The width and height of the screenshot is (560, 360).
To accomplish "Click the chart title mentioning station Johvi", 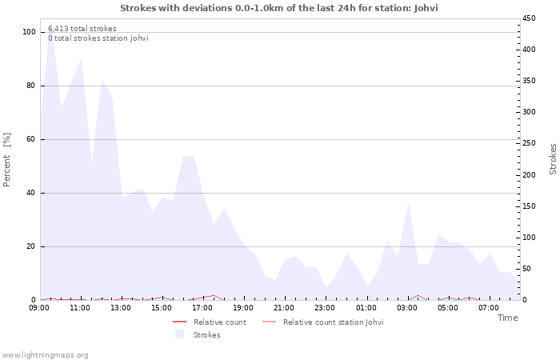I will tap(279, 8).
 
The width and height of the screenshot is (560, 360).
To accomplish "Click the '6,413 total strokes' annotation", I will tap(82, 29).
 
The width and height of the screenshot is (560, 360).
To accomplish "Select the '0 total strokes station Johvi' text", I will tap(98, 38).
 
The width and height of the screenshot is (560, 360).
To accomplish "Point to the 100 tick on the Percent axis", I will tap(29, 32).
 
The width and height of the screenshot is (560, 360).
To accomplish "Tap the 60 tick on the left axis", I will tap(30, 139).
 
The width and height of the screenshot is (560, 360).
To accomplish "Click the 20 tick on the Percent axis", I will tap(30, 246).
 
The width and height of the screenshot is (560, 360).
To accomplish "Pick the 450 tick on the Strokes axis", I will tap(529, 18).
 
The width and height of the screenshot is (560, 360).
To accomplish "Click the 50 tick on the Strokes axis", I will tap(527, 269).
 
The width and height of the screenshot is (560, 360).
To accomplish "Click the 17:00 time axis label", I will tap(203, 307).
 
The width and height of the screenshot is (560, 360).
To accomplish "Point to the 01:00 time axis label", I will tap(366, 307).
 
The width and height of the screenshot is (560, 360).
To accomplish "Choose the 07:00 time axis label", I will tap(489, 307).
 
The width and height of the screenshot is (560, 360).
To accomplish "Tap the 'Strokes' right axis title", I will tap(553, 158).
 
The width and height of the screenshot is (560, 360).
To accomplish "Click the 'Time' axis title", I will tap(507, 318).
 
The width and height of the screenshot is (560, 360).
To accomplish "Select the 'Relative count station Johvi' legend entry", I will tap(333, 322).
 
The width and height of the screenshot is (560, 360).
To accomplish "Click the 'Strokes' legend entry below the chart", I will tap(206, 335).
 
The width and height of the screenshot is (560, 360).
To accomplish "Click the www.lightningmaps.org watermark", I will tap(45, 355).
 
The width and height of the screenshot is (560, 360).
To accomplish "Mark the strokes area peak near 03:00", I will tap(408, 205).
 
